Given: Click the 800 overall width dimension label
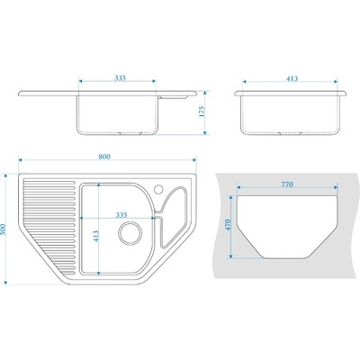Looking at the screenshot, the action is click(x=104, y=157).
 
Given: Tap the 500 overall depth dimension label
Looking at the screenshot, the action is click(x=4, y=229).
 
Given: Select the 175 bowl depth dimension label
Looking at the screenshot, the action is click(x=202, y=111).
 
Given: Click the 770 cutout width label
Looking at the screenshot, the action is click(x=287, y=184).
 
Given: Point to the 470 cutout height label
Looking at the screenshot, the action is click(x=228, y=225).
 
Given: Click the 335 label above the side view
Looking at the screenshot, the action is click(x=120, y=78).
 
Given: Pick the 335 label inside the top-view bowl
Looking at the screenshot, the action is click(x=121, y=215).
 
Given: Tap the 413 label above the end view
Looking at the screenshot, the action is click(x=292, y=78).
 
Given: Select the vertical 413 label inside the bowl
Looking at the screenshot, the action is click(x=95, y=236).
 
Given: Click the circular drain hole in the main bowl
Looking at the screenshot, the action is click(x=130, y=233).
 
